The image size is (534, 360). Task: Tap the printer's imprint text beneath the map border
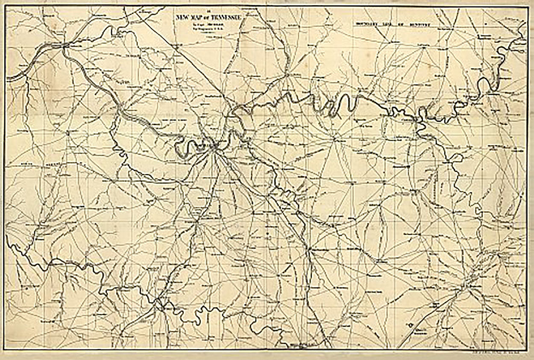coord(504,352)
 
